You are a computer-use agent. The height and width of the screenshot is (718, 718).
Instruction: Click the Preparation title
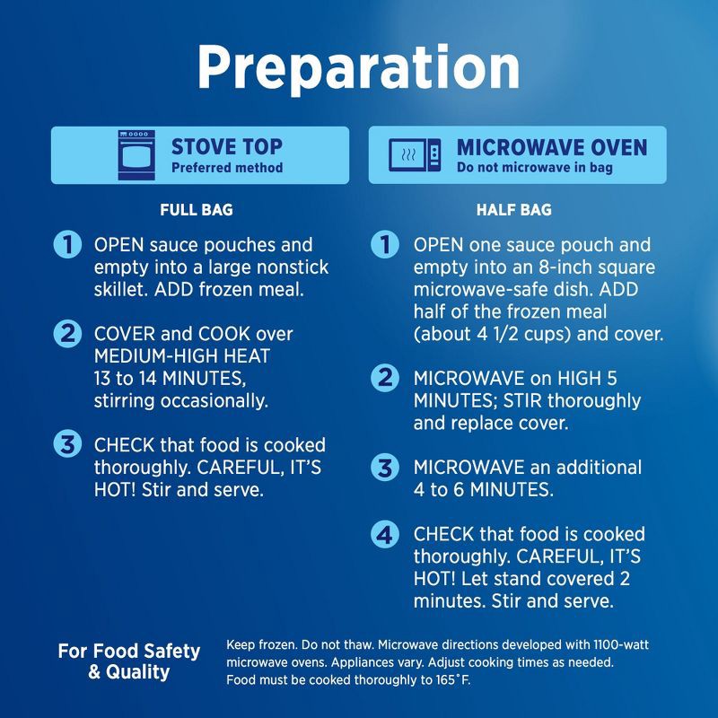[x=358, y=68]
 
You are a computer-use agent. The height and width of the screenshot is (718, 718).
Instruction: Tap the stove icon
[x=136, y=154]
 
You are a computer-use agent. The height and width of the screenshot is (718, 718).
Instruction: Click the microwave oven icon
[x=415, y=154]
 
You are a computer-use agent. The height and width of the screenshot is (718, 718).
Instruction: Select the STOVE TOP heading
[x=227, y=147]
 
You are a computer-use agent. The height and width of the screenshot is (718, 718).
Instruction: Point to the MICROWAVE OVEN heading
[x=552, y=147]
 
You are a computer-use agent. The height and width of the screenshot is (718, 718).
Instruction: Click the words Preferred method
[x=227, y=168]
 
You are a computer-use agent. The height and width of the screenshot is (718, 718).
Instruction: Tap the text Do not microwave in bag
[x=534, y=168]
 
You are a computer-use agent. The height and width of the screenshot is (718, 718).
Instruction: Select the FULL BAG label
[x=197, y=210]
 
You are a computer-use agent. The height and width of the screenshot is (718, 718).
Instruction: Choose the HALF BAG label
[x=513, y=210]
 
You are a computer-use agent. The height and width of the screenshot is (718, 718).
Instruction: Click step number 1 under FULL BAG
[x=68, y=244]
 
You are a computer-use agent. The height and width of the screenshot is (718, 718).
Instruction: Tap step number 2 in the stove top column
[x=68, y=334]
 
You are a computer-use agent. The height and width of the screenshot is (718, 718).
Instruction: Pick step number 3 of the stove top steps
[x=68, y=444]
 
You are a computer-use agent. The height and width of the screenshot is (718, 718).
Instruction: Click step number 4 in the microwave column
[x=385, y=534]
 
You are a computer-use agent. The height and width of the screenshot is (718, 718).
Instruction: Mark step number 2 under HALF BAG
[x=385, y=378]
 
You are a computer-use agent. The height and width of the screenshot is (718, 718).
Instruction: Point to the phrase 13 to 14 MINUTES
[x=170, y=379]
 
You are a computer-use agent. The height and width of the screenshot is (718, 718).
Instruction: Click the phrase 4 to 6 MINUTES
[x=484, y=489]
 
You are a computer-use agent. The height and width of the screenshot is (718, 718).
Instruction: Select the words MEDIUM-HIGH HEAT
[x=182, y=356]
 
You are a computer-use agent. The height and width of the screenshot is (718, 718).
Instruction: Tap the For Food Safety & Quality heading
[x=129, y=661]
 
